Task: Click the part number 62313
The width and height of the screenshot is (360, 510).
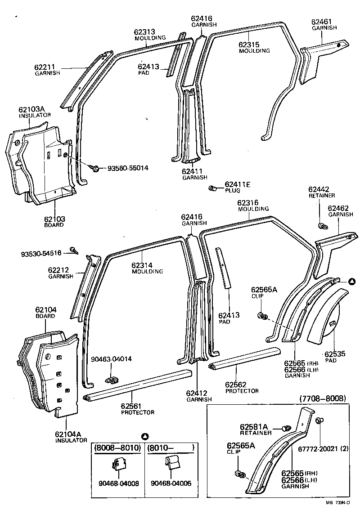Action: [144, 32]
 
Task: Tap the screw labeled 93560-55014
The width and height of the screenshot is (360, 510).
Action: [95, 168]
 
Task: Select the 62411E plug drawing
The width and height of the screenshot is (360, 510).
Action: [212, 188]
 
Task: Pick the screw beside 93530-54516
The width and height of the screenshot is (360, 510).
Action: [74, 250]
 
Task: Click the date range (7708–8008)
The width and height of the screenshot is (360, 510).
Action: [322, 398]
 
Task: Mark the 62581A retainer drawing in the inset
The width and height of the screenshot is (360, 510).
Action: [287, 428]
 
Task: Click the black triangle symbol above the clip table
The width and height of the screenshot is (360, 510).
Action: [145, 437]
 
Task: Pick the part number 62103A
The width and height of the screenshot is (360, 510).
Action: [31, 109]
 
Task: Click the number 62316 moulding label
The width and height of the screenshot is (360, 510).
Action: [248, 203]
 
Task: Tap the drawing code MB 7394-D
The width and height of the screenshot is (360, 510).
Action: [336, 502]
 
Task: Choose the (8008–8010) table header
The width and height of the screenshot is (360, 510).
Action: [117, 447]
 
